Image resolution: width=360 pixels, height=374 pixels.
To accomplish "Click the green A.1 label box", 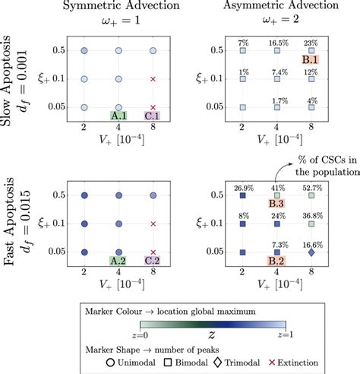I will pyautogui.click(x=119, y=116).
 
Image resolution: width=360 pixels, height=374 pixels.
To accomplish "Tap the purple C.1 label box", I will pyautogui.click(x=152, y=116).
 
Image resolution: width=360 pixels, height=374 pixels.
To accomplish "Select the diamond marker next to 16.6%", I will pyautogui.click(x=311, y=252).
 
